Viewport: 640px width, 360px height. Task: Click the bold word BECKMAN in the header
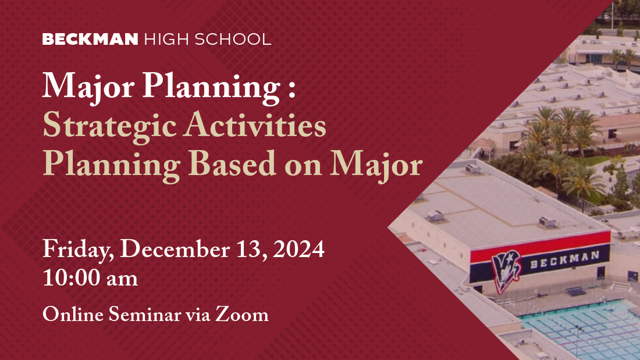pyautogui.click(x=90, y=39)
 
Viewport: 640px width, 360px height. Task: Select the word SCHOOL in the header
pyautogui.click(x=233, y=39)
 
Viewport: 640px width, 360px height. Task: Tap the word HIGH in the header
pyautogui.click(x=166, y=39)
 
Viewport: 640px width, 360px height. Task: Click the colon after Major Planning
pyautogui.click(x=291, y=87)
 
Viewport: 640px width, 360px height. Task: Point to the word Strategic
pyautogui.click(x=110, y=127)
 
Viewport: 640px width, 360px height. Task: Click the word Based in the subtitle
pyautogui.click(x=232, y=163)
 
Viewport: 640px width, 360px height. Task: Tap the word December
pyautogui.click(x=175, y=248)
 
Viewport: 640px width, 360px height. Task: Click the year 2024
pyautogui.click(x=299, y=248)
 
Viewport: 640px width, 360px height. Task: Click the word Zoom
pyautogui.click(x=242, y=314)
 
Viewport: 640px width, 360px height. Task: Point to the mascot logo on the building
pyautogui.click(x=506, y=270)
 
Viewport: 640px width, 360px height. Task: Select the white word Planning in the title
pyautogui.click(x=211, y=87)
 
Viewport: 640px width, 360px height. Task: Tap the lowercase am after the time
pyautogui.click(x=122, y=280)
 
